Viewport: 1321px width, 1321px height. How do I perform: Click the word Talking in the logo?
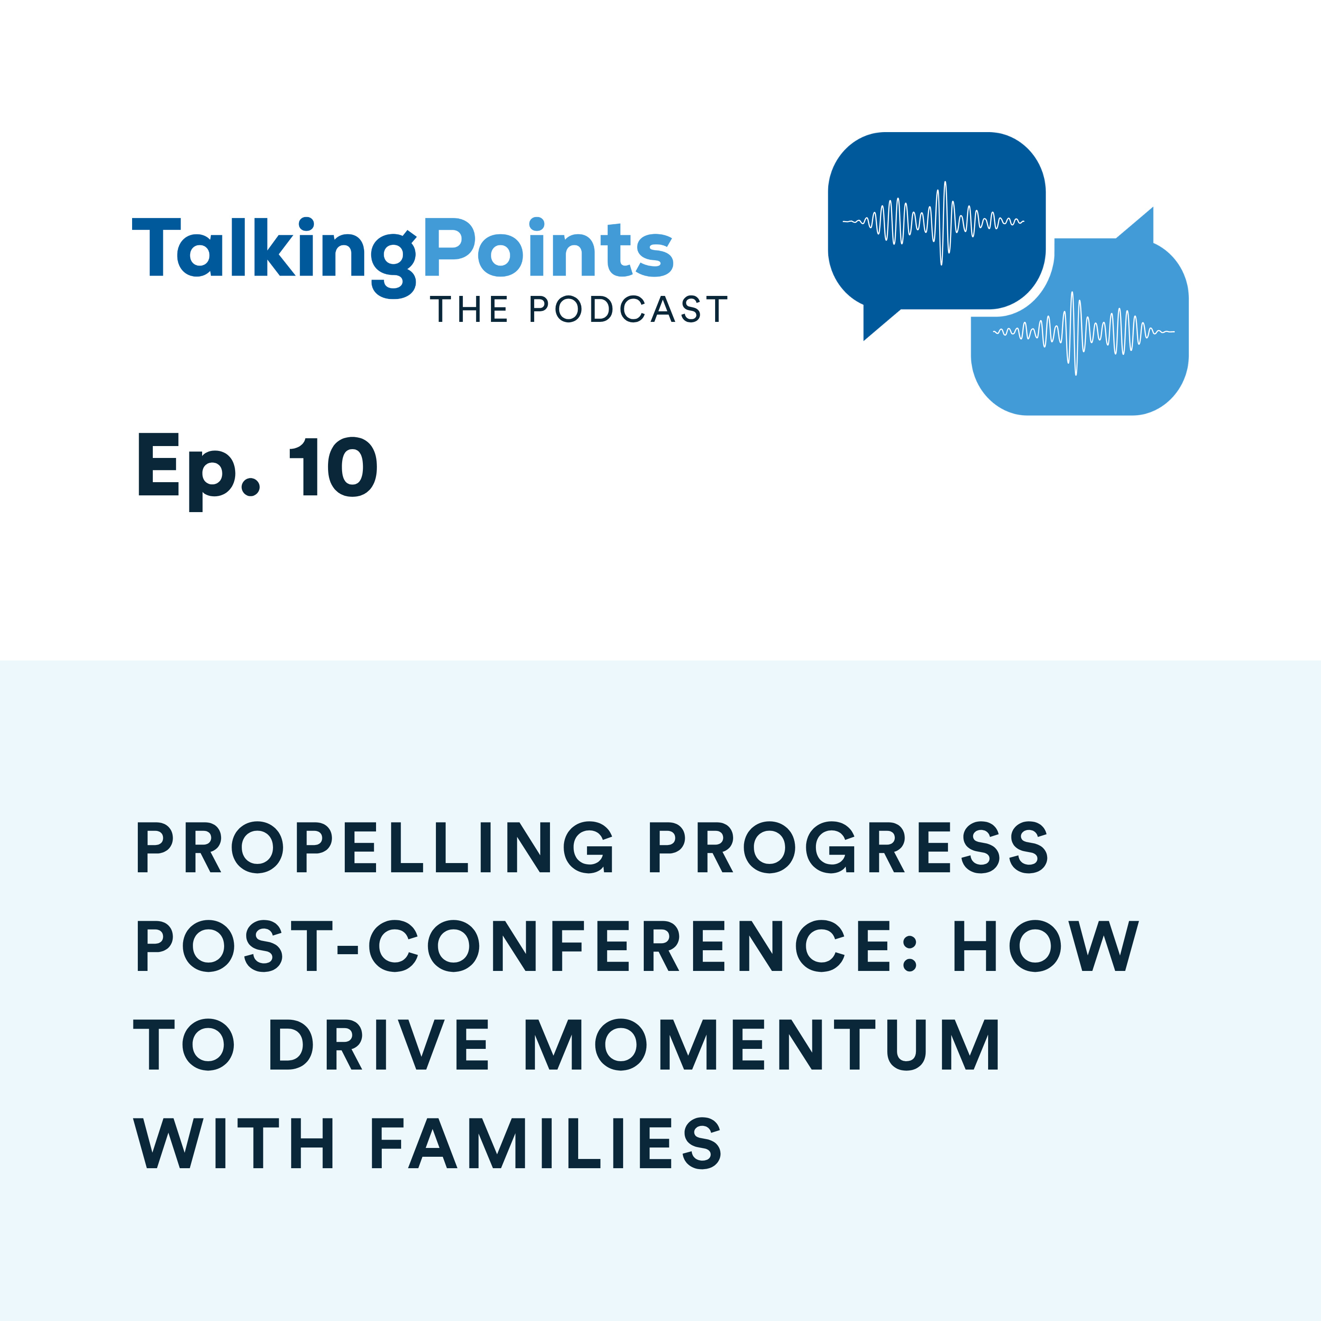[x=273, y=250]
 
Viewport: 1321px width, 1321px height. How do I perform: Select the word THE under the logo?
[x=469, y=310]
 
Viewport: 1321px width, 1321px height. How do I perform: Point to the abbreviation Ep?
[x=198, y=469]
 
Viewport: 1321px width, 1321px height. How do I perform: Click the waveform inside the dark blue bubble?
[x=934, y=221]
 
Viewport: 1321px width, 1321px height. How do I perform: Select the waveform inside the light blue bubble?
[x=1083, y=332]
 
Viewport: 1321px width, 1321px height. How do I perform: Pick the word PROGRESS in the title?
[x=848, y=848]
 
